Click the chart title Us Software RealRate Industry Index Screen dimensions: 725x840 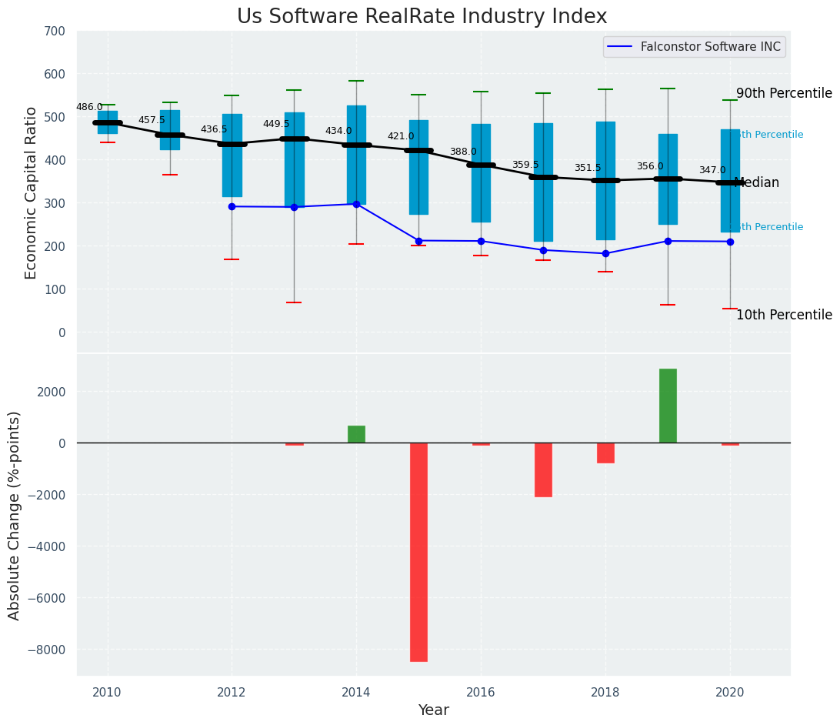(422, 17)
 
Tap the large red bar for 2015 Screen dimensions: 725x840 (418, 552)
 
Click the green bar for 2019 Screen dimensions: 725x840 (668, 406)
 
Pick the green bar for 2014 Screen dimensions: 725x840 (356, 434)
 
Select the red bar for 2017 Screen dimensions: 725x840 (543, 469)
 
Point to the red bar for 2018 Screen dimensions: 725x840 (605, 453)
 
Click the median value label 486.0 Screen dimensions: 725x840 (89, 107)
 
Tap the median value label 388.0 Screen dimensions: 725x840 (463, 152)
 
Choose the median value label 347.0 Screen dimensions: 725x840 (712, 170)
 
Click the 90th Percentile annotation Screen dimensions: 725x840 (784, 94)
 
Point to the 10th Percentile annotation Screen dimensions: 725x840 (784, 315)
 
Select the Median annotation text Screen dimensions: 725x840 (757, 183)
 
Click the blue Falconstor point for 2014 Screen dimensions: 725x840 (356, 204)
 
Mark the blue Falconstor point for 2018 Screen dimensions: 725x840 (605, 253)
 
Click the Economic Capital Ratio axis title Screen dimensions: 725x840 (32, 192)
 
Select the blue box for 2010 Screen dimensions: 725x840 (108, 122)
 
